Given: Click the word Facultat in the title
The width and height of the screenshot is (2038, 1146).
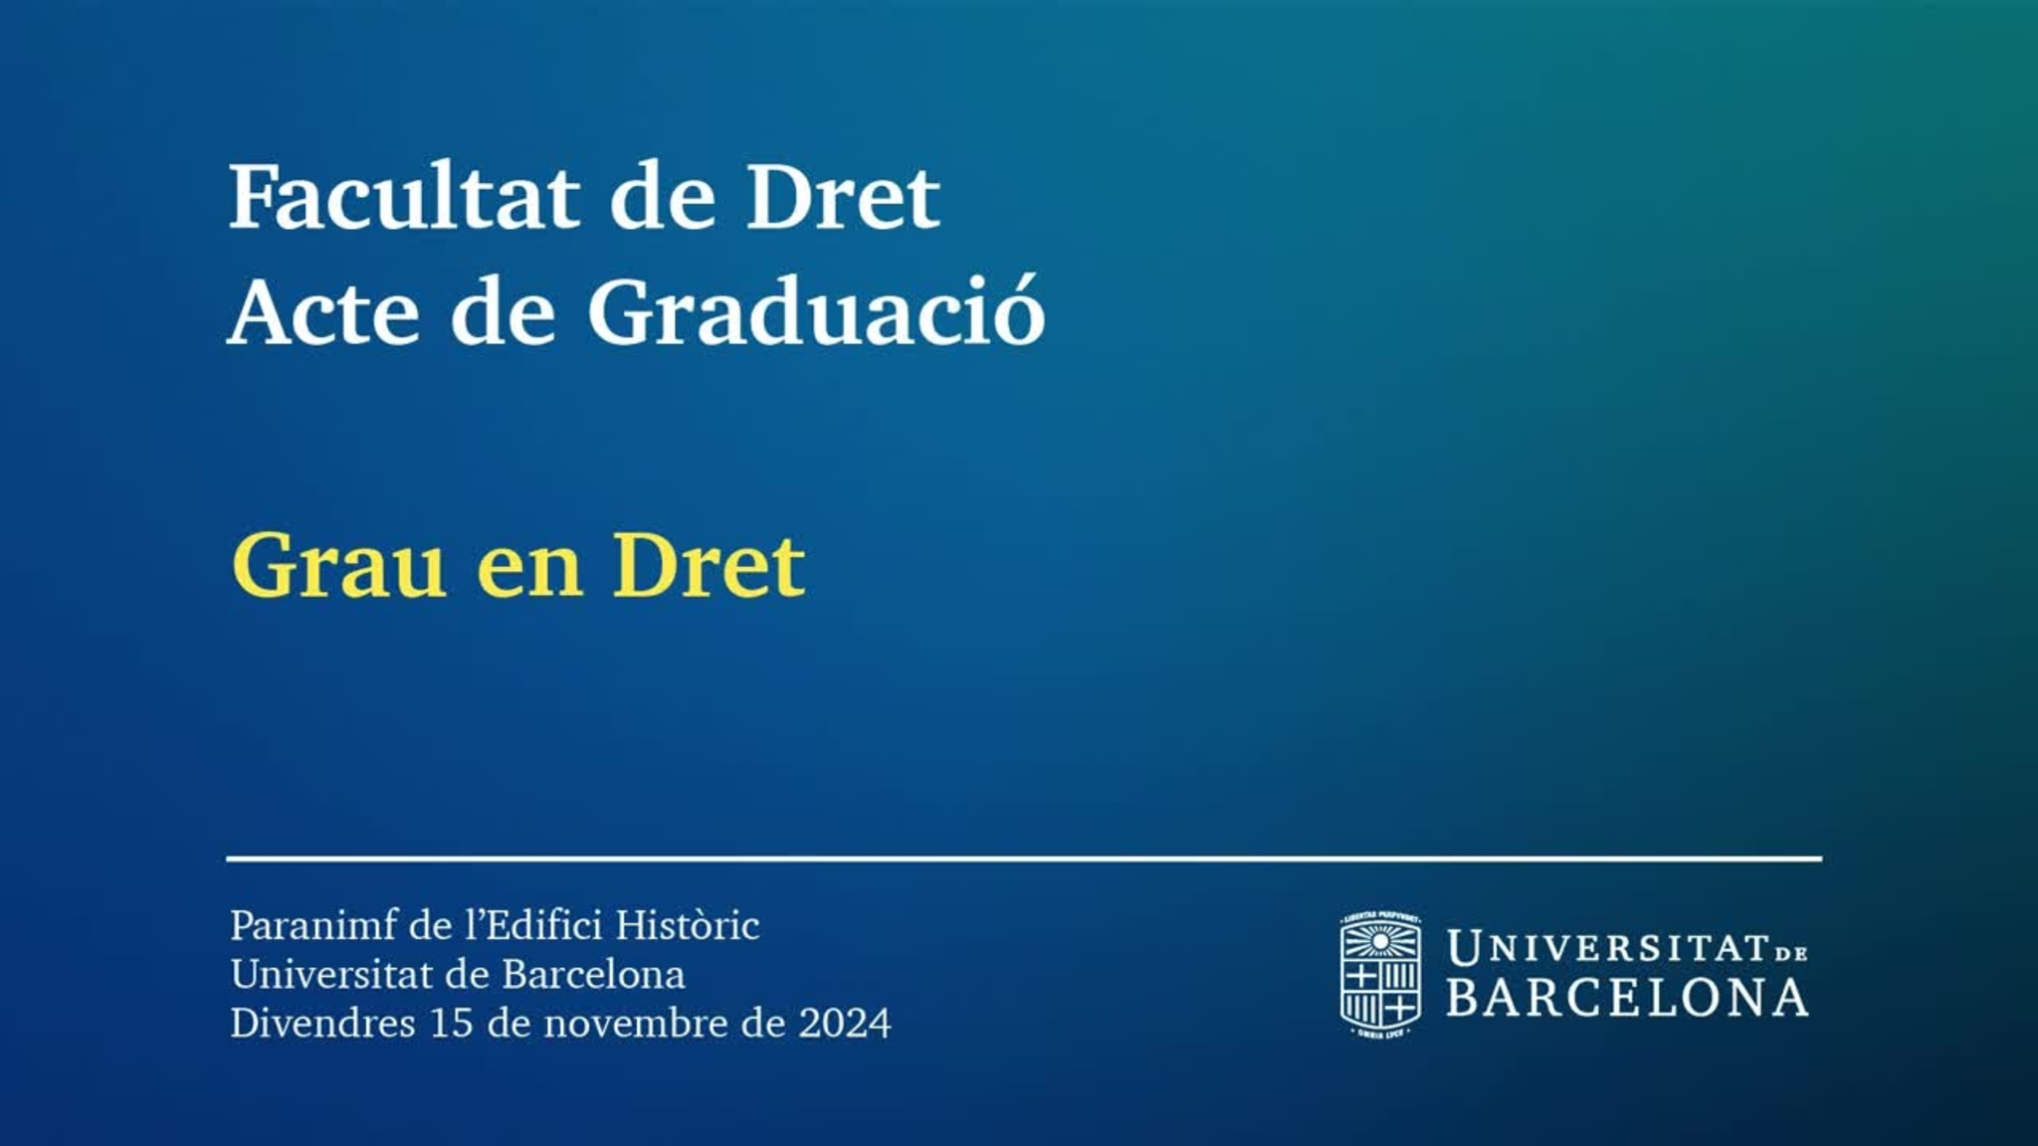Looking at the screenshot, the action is [405, 196].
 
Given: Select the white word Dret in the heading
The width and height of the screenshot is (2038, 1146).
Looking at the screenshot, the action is [843, 196].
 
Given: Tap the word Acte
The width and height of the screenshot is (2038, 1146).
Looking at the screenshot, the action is [324, 312].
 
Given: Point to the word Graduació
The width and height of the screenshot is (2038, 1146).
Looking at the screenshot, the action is [816, 310].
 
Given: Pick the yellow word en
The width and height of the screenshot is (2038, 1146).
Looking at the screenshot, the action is [529, 574].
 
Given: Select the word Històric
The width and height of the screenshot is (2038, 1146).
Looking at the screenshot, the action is [688, 925].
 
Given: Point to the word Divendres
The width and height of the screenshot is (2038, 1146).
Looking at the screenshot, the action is [322, 1023].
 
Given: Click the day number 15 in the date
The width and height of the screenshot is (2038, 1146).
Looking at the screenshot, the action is [451, 1024].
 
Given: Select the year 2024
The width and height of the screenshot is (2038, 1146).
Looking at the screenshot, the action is [845, 1024].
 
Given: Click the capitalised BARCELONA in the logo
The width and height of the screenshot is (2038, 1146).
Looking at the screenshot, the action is [1627, 998].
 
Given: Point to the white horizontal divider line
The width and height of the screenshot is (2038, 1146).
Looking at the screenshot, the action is [1024, 858].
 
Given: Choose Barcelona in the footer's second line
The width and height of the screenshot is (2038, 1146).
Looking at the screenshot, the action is [593, 975].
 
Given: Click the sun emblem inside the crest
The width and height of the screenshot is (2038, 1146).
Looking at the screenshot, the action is [1380, 941].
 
